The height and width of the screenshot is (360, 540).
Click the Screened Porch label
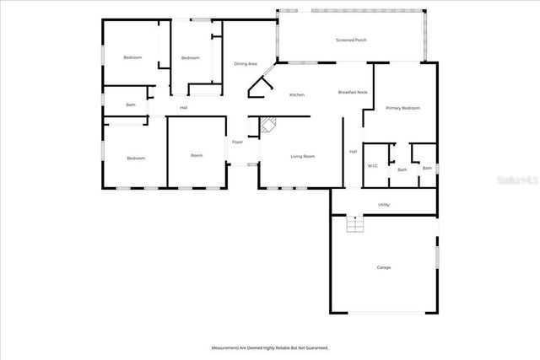click(x=351, y=40)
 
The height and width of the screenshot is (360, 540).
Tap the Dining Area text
click(x=246, y=64)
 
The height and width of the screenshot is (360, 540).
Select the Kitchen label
click(x=297, y=94)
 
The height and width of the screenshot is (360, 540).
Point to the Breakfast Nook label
click(x=353, y=92)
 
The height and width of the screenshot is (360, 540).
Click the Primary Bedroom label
click(x=402, y=109)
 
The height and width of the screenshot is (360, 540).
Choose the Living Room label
click(x=303, y=157)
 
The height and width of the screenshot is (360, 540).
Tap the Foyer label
click(x=238, y=142)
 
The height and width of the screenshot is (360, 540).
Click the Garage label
click(x=384, y=267)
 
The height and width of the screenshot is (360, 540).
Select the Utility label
click(x=384, y=204)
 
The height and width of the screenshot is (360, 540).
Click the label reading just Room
click(x=197, y=155)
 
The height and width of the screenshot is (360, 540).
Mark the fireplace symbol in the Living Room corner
click(x=268, y=126)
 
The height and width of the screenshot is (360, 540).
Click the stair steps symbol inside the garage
click(x=355, y=225)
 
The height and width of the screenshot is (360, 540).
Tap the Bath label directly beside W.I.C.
click(x=402, y=169)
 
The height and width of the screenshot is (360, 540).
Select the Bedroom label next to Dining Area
click(x=191, y=57)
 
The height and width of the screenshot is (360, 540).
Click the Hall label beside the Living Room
click(x=353, y=152)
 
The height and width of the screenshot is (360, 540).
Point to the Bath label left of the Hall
click(x=131, y=105)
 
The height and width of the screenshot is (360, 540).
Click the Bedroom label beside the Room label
click(x=136, y=159)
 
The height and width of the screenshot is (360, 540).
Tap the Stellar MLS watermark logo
click(x=517, y=180)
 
